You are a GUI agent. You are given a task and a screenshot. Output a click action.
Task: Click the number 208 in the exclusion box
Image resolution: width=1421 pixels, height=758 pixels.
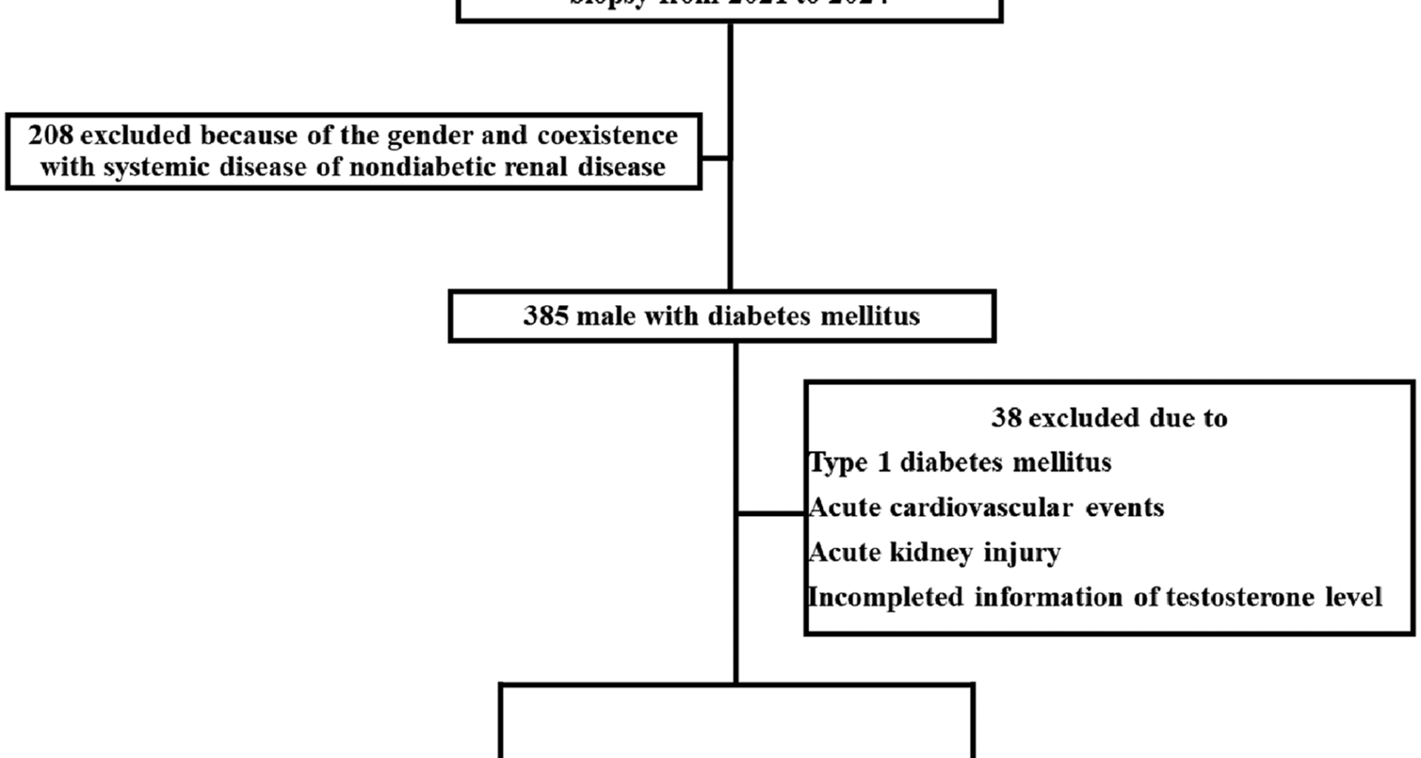point(51,135)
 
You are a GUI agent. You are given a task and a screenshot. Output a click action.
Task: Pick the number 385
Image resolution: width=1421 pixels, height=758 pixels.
point(545,316)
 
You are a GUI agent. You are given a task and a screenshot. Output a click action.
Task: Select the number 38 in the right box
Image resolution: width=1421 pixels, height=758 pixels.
point(1006,418)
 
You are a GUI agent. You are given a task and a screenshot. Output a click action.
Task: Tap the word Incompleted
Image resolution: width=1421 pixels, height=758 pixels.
point(885,597)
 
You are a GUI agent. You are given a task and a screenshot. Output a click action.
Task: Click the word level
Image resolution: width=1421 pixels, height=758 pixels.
point(1354,597)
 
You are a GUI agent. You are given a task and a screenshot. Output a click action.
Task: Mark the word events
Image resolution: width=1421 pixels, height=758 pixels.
point(1124,508)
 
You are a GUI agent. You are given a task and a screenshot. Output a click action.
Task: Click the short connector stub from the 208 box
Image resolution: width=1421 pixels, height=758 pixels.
point(715,158)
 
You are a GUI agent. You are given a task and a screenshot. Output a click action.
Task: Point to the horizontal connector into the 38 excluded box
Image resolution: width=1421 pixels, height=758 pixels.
point(770,512)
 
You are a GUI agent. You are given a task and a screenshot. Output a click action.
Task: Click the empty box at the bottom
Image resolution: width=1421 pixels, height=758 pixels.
point(736,722)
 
